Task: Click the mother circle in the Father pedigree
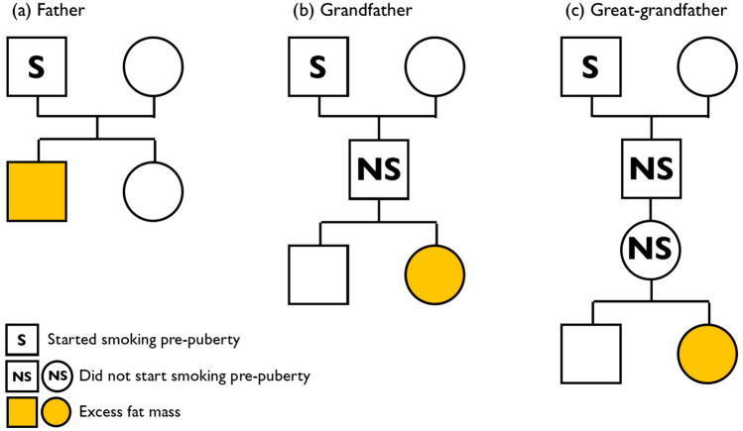pos(153,66)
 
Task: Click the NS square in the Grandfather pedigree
pos(377,169)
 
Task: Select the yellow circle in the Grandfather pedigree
pos(433,271)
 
